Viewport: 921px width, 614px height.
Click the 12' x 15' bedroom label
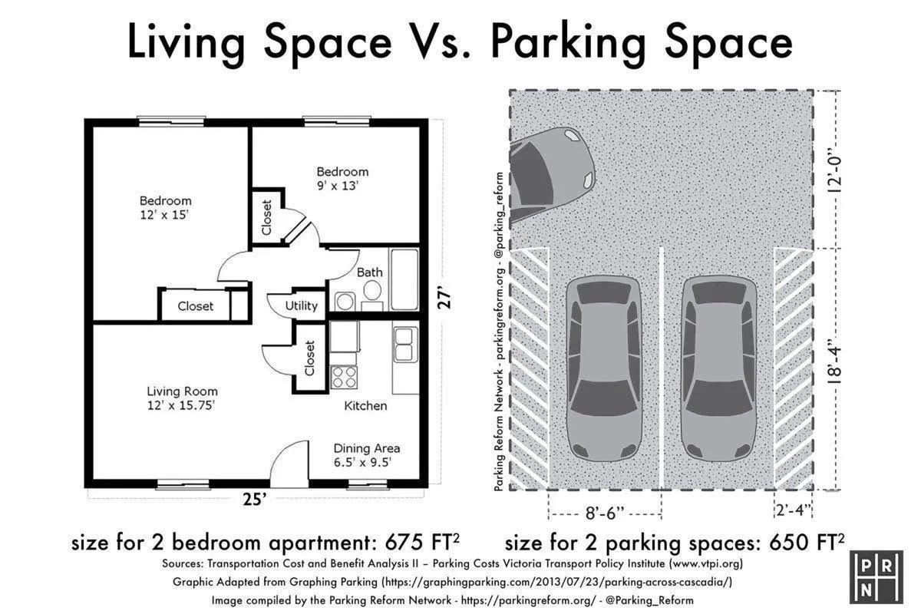coord(165,208)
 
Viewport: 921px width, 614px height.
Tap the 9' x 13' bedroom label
coord(342,179)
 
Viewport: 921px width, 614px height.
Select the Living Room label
coord(182,398)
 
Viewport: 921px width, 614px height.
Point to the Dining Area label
coord(366,455)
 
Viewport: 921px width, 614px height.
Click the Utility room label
coord(302,306)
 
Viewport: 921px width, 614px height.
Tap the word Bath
coord(369,272)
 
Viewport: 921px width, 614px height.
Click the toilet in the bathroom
coord(372,290)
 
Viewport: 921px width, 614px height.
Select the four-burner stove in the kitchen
coord(344,377)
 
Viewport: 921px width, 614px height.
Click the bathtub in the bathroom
coord(404,279)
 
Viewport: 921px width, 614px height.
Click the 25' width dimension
coord(255,500)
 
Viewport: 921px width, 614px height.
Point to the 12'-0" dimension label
coord(835,169)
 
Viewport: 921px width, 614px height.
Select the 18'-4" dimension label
coord(835,360)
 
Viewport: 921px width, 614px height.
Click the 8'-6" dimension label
coord(605,513)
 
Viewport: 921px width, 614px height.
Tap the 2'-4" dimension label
coord(793,510)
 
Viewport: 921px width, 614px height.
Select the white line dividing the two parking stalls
coord(662,368)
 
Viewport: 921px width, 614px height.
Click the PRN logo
coord(876,577)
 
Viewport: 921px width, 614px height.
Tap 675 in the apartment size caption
coord(404,542)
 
